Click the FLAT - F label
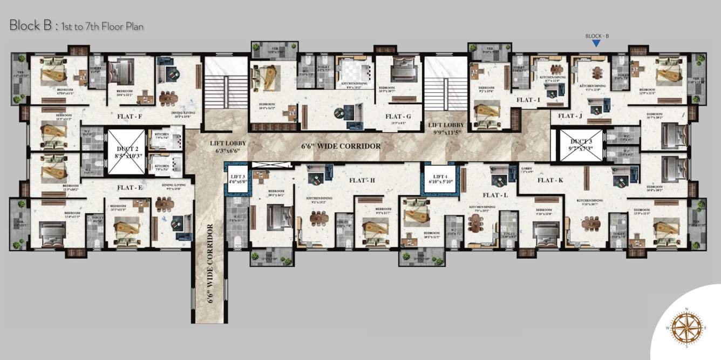coord(130,116)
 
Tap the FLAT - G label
coord(398,116)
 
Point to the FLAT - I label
coord(528,100)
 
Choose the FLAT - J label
coord(570,116)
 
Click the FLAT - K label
coord(550,180)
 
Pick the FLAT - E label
coord(130,188)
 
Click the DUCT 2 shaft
coord(127,152)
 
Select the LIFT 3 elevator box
coord(237,179)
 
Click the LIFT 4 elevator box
coord(440,179)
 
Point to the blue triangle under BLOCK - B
coord(596,44)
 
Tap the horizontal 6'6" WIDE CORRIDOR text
coord(341,146)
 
